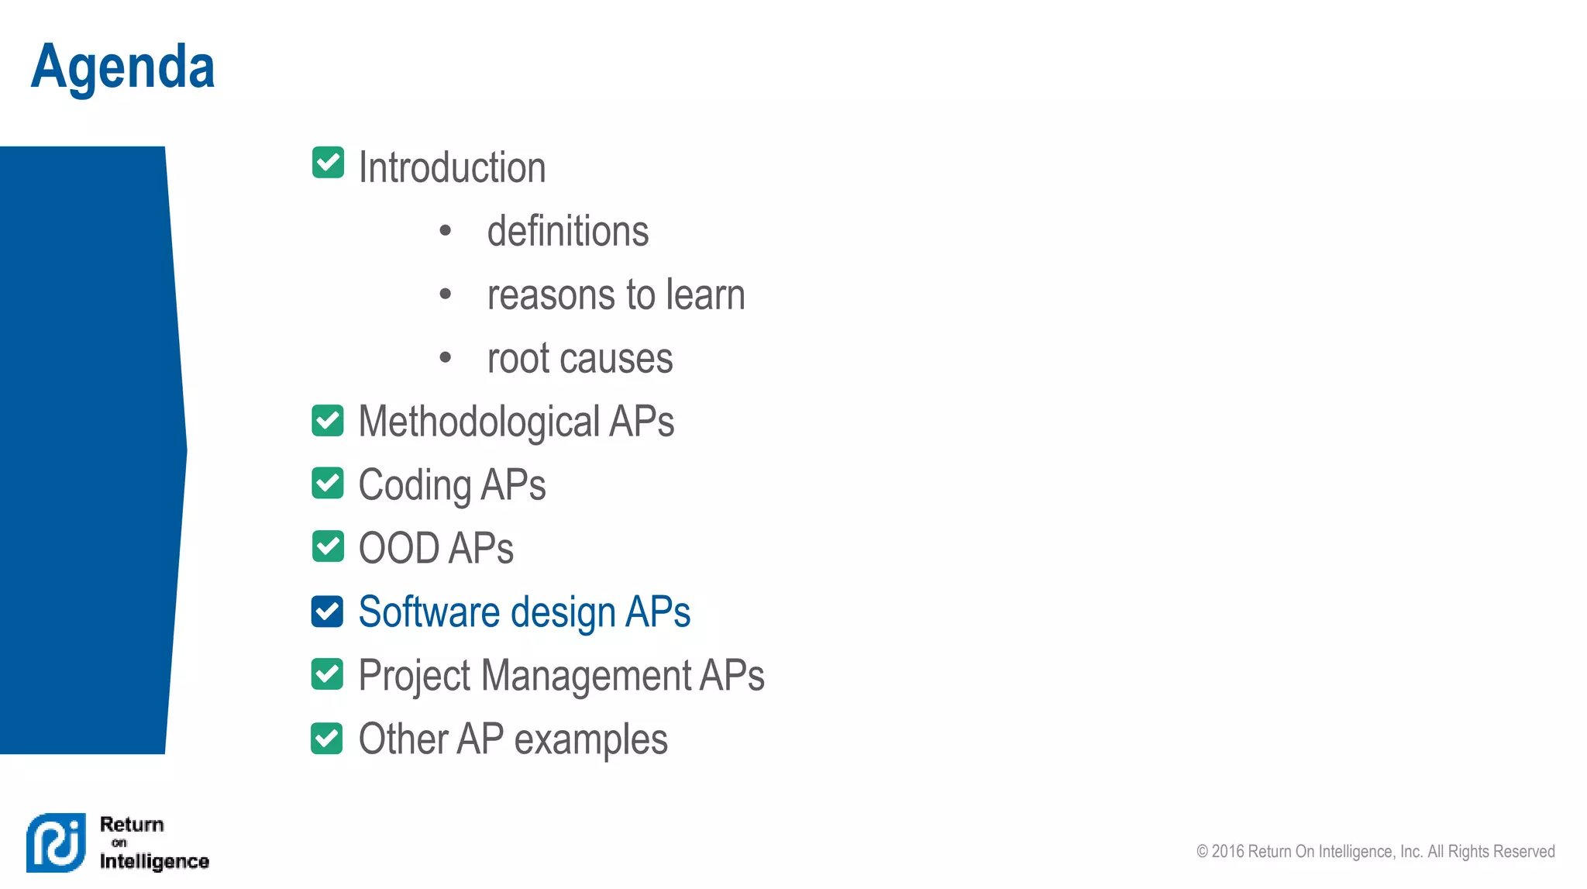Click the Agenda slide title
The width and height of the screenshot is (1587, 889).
pos(122,67)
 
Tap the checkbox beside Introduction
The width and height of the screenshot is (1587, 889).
pos(328,163)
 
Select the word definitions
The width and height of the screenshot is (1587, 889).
pos(567,232)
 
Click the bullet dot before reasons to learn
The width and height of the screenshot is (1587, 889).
pos(445,294)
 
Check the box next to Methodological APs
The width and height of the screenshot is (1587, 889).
pos(328,420)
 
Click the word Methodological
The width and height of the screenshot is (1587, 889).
pos(479,422)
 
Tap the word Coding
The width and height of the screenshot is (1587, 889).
pos(415,486)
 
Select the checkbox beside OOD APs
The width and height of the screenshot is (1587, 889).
pos(328,546)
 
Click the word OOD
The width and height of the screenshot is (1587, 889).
pos(398,549)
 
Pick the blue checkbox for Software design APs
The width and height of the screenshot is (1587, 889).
pos(327,612)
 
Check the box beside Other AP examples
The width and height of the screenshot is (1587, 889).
pos(327,738)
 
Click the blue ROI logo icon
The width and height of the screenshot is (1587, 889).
pos(56,842)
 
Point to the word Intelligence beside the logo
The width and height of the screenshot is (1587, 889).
pos(154,861)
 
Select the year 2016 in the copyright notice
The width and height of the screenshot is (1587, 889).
pos(1227,852)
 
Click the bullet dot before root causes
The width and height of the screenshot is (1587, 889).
pos(445,357)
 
